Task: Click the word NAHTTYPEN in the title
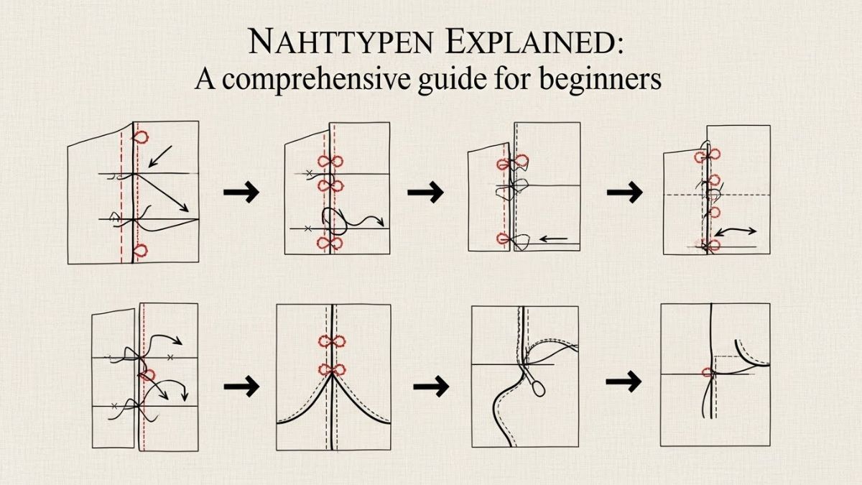point(341,42)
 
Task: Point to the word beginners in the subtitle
point(601,80)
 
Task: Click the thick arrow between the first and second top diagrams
point(241,191)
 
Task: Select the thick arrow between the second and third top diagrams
point(425,191)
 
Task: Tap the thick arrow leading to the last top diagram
point(625,191)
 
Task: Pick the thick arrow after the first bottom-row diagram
point(241,386)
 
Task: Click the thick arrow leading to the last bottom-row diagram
point(624,382)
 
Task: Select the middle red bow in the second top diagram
point(330,186)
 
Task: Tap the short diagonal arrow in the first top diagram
point(160,157)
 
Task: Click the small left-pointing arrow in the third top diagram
point(553,239)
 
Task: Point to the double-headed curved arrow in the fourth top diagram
point(736,231)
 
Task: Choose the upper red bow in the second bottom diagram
point(332,341)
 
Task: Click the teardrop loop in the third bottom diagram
point(539,387)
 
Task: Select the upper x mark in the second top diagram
point(309,173)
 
